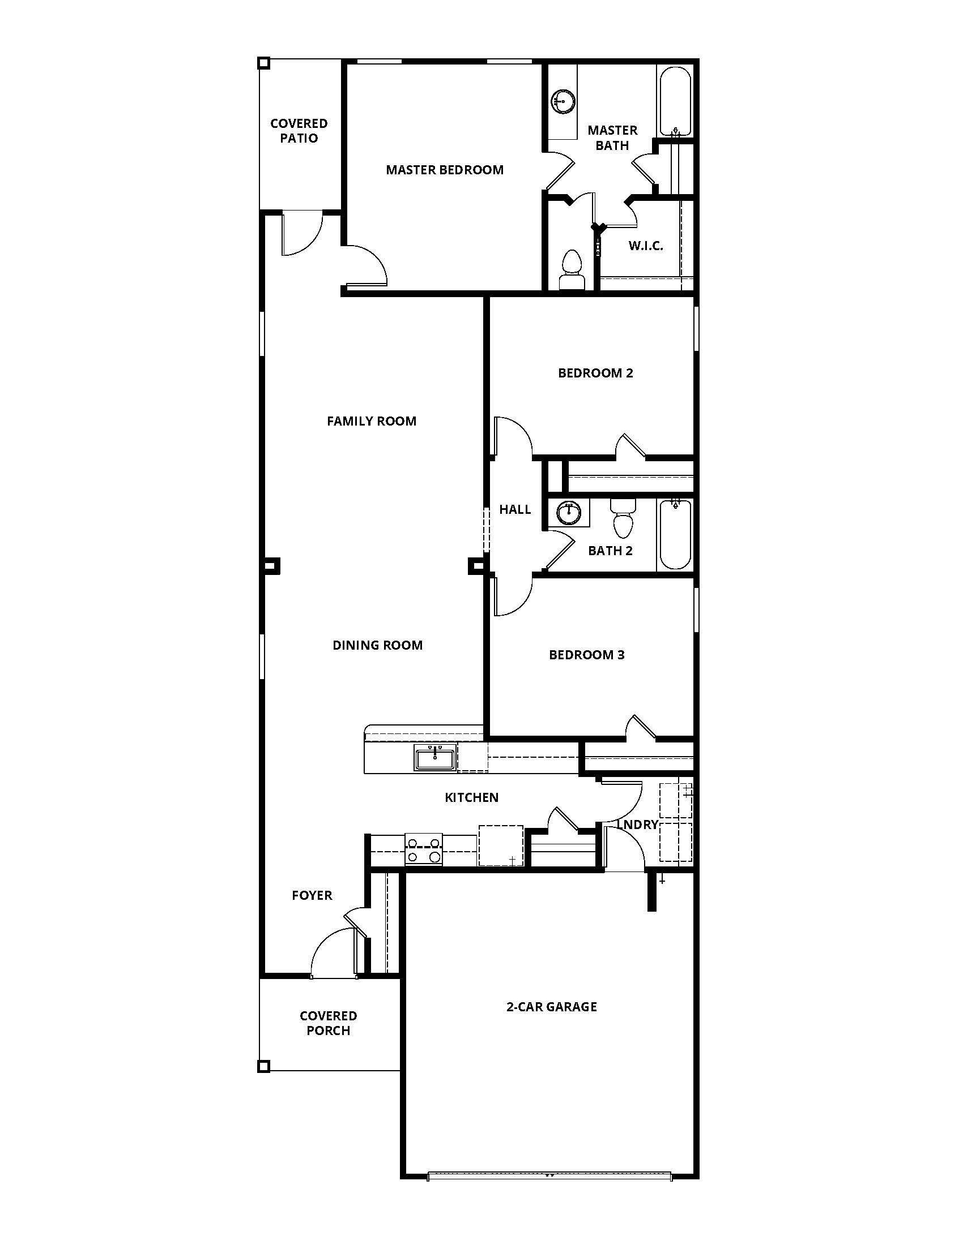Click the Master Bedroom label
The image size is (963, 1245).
click(445, 170)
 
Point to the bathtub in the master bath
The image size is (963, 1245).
click(675, 101)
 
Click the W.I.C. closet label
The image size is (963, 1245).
click(646, 246)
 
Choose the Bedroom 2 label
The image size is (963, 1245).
click(595, 373)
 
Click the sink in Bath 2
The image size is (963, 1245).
click(568, 513)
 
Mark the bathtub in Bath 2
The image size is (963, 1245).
click(675, 535)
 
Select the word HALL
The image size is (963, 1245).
click(514, 510)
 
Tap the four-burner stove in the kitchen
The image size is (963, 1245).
click(423, 849)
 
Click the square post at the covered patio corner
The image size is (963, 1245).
click(263, 63)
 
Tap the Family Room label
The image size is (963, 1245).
click(372, 421)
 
